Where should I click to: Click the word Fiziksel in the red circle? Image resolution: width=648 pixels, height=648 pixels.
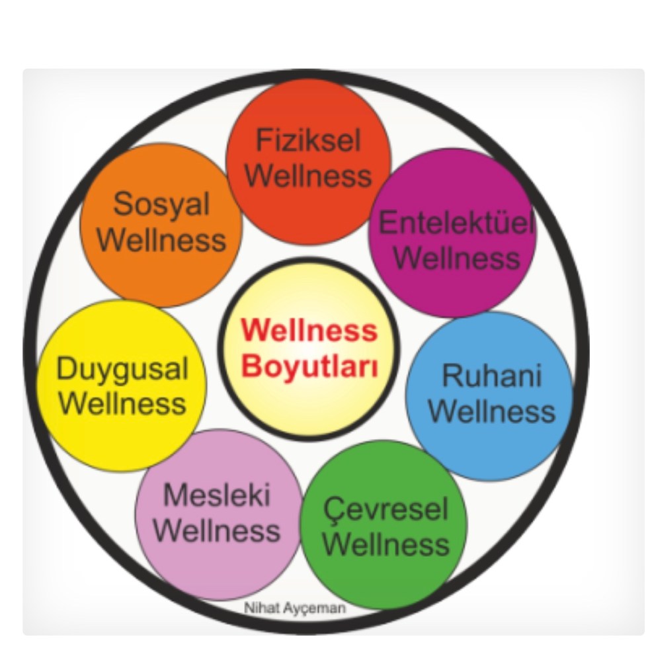[308, 142]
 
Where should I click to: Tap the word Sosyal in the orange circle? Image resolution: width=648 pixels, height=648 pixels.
[161, 204]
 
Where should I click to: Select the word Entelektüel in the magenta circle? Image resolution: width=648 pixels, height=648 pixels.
[456, 223]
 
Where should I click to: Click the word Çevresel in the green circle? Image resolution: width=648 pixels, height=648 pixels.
[386, 510]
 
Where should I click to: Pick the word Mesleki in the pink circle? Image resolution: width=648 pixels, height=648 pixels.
[217, 495]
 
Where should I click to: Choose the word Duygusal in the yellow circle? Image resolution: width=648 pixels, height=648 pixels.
[122, 368]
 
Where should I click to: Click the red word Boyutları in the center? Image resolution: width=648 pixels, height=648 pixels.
[309, 366]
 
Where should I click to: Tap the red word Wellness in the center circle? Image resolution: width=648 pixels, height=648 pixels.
[309, 329]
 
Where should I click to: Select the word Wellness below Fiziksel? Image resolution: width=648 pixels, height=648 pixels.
[312, 177]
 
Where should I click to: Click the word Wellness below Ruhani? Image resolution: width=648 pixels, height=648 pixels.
[491, 411]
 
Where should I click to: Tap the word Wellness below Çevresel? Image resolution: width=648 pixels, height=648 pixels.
[386, 546]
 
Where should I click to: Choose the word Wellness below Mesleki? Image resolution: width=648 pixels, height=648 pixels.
[220, 530]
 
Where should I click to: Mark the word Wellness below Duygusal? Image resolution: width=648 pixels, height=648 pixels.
[122, 403]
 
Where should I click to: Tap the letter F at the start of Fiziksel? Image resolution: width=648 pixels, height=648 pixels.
[263, 142]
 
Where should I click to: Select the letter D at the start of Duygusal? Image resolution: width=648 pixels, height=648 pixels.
[65, 368]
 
